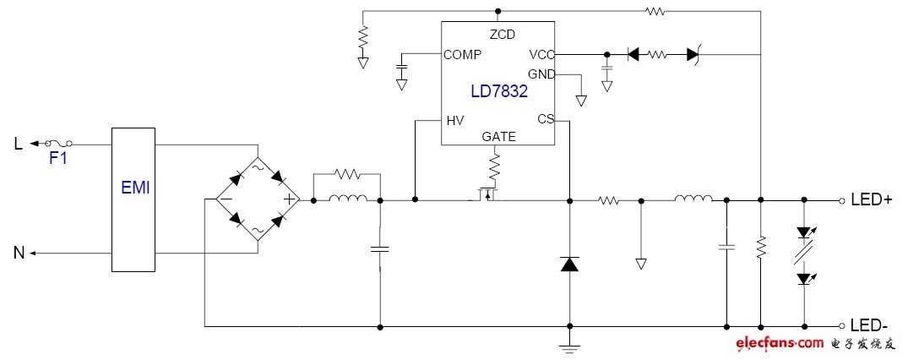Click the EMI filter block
pos(133,199)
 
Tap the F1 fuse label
pos(57,158)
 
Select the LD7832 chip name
pos(498,90)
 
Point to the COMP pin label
pos(463,54)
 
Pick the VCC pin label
pos(541,54)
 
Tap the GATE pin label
pos(498,136)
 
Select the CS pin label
pos(545,119)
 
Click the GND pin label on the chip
pos(541,74)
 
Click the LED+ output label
pos(873,201)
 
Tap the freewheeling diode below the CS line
pos(569,265)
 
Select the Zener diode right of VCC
pos(693,54)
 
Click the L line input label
pos(19,144)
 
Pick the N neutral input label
pos(19,252)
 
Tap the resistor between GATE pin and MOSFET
pos(497,163)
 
